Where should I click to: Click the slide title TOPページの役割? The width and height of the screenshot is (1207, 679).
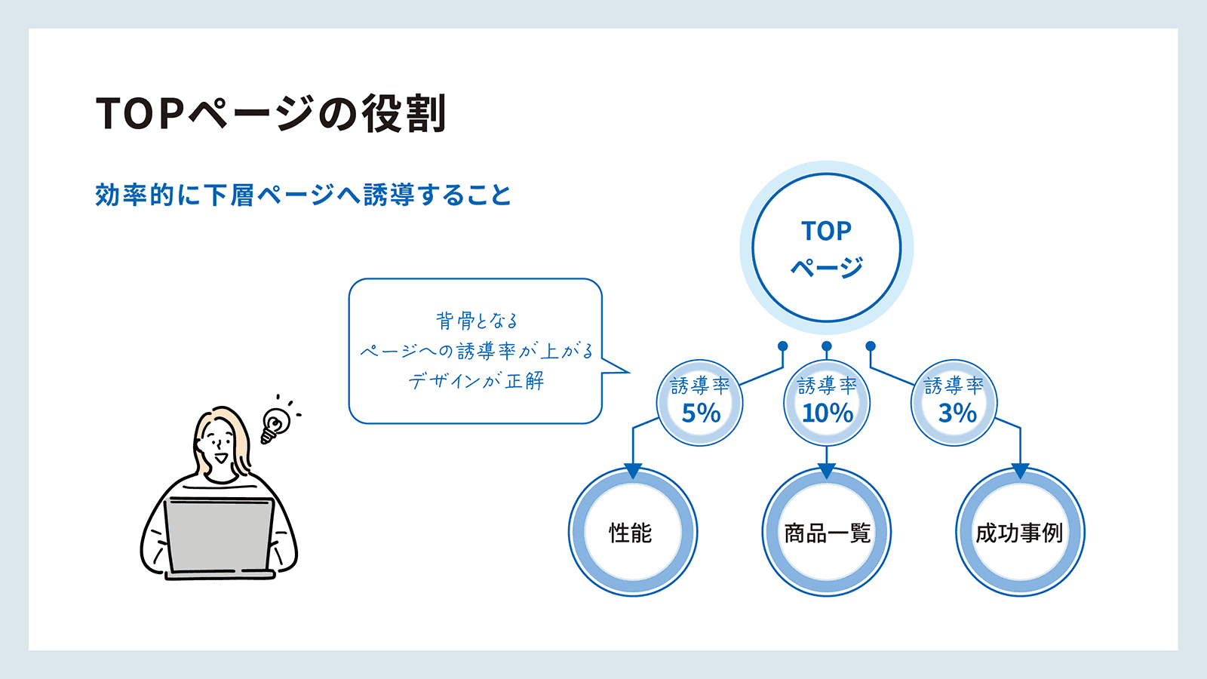271,113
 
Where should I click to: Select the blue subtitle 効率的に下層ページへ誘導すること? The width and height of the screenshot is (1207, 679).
303,195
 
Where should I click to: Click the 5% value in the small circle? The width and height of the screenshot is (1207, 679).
701,413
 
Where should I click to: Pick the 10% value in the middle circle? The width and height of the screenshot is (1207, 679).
828,413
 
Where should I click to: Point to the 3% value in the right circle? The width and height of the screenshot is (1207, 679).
957,413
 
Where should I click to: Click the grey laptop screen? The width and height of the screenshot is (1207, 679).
218,533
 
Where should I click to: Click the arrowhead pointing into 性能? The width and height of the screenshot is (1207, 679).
633,471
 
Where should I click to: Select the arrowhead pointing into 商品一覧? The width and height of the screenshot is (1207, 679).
827,471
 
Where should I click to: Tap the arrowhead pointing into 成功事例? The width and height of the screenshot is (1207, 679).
1020,471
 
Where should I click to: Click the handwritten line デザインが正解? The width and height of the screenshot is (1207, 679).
476,381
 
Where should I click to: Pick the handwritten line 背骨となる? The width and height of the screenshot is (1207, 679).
476,320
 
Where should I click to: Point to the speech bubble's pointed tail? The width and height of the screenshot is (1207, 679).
628,371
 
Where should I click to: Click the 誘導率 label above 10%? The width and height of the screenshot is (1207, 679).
827,386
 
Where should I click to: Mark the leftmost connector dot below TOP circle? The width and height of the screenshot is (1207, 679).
783,346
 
